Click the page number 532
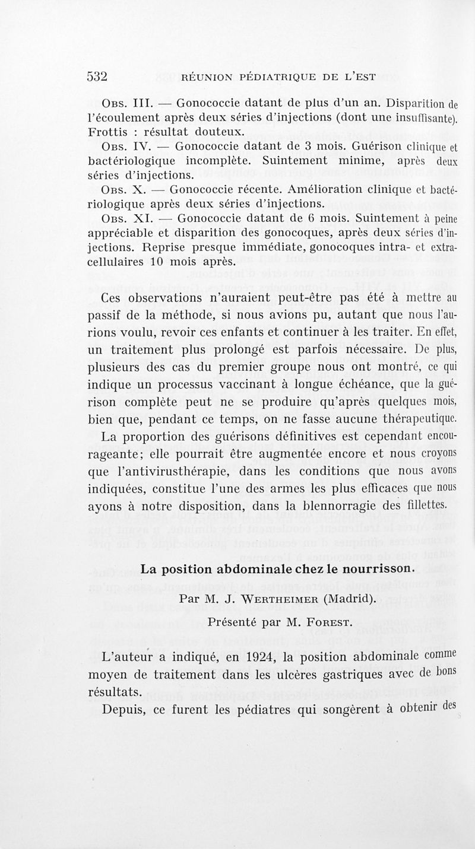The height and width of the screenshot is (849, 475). [96, 76]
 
